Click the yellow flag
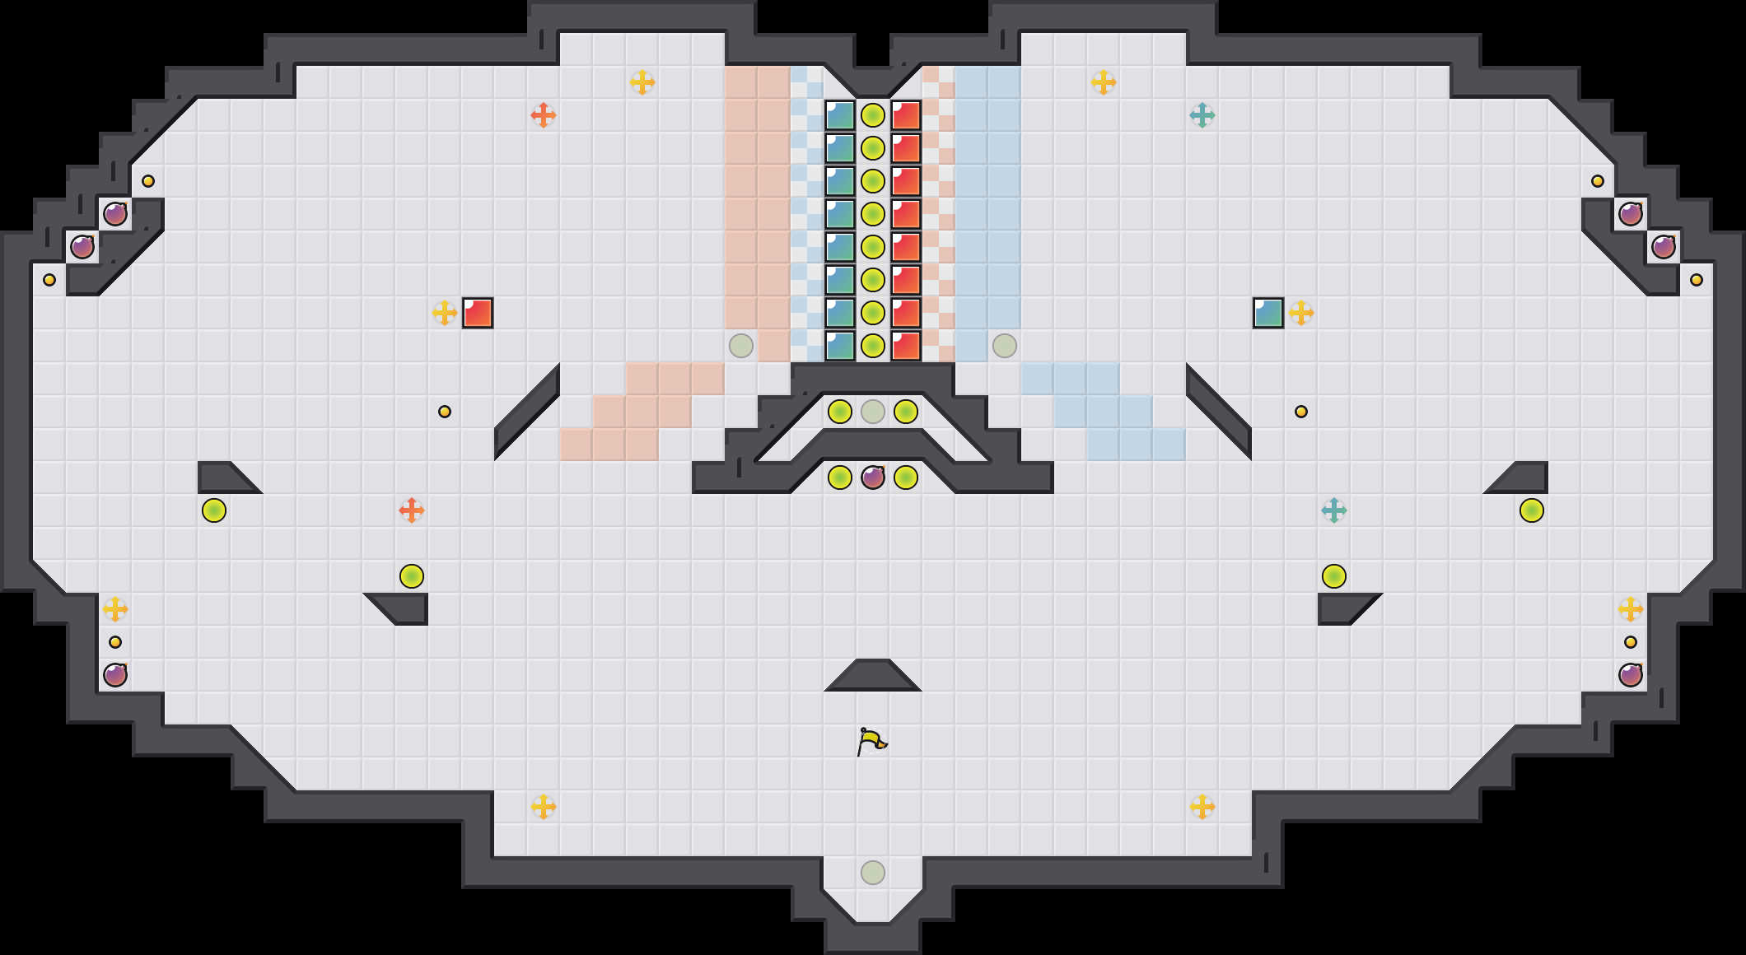[871, 741]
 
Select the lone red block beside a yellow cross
[478, 313]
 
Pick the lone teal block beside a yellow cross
[1268, 313]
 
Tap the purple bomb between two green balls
[873, 477]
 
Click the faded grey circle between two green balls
[873, 412]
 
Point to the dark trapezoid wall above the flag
[873, 676]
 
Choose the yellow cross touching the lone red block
[445, 313]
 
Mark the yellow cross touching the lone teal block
[1301, 313]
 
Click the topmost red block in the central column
[906, 115]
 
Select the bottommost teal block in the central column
[840, 346]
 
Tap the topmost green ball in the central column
[873, 115]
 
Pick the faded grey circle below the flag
[873, 873]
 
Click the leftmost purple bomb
[82, 247]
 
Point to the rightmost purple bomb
[1664, 247]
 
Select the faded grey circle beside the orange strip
[741, 346]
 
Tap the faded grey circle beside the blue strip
[1005, 346]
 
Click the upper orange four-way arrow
[544, 115]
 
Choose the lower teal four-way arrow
[1334, 510]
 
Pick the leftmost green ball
[214, 510]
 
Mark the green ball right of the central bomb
[906, 477]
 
